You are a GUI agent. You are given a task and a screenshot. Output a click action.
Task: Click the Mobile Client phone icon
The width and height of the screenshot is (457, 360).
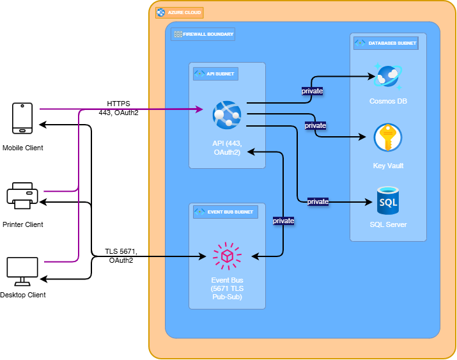click(22, 119)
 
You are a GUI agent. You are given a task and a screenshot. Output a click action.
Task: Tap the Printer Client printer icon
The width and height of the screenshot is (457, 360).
click(23, 196)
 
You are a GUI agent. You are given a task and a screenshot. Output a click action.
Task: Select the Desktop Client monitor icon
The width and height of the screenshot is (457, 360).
click(22, 272)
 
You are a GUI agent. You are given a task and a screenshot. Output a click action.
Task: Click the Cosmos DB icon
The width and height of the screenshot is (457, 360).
click(387, 77)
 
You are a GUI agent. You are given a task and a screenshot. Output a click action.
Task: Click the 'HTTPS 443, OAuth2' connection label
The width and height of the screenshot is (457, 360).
click(118, 108)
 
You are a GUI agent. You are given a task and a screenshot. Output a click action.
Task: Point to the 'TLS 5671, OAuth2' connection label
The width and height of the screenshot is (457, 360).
click(121, 256)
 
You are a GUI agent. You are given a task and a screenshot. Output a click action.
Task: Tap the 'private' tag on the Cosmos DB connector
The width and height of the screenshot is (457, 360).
click(312, 91)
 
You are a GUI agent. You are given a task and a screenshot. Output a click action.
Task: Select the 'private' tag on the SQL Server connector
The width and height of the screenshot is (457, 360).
click(318, 201)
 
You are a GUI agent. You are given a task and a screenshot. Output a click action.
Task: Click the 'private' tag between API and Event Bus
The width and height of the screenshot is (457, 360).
click(283, 221)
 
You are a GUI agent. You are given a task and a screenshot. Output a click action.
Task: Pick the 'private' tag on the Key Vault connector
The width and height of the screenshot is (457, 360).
click(316, 125)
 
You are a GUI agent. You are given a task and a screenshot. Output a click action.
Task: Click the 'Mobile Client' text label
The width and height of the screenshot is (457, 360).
click(23, 148)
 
